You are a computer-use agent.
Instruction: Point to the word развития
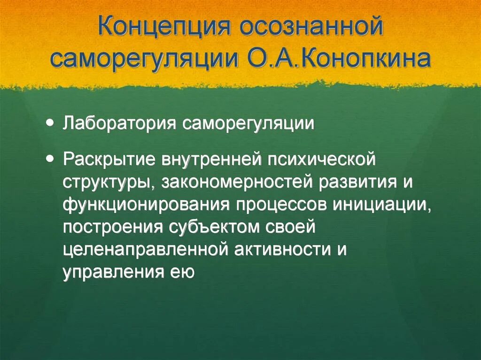(x=357, y=182)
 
